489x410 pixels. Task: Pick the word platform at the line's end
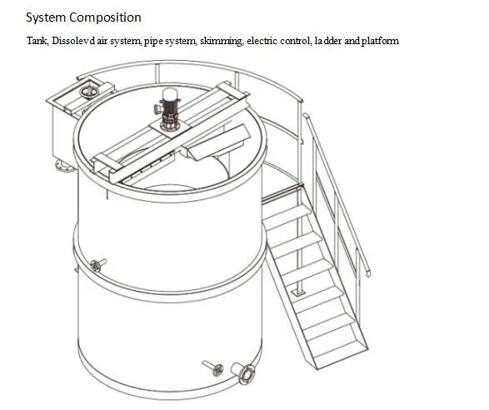point(380,41)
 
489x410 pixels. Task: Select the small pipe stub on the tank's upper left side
point(96,266)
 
